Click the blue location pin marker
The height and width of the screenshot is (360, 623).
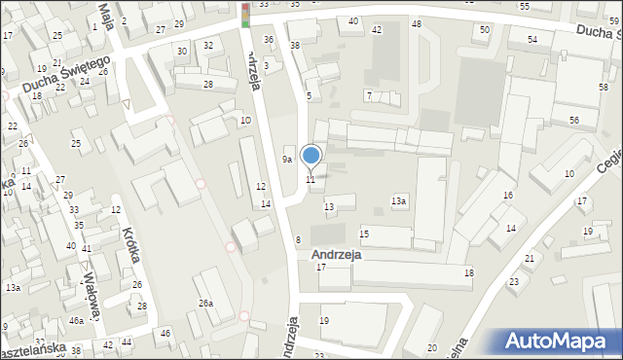click(x=311, y=155)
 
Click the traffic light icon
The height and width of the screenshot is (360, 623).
click(x=244, y=14)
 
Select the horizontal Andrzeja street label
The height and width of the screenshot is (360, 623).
click(x=337, y=254)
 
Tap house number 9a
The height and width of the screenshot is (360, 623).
click(x=287, y=159)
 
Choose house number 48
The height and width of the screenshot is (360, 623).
click(x=417, y=23)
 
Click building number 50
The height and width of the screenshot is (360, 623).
click(x=485, y=30)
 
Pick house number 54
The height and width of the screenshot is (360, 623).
click(x=532, y=39)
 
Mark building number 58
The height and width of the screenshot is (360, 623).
click(x=604, y=88)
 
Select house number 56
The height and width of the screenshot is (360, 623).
click(x=575, y=120)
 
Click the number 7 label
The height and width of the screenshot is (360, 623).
click(x=369, y=94)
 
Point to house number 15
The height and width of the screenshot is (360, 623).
click(x=364, y=234)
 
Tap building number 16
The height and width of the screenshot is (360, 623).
click(x=508, y=196)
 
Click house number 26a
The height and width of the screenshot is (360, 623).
click(x=205, y=304)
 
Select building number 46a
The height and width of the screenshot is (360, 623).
click(x=75, y=320)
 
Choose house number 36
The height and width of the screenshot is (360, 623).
click(x=269, y=40)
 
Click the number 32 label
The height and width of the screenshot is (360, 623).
click(x=208, y=45)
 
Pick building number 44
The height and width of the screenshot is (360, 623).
click(x=128, y=343)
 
